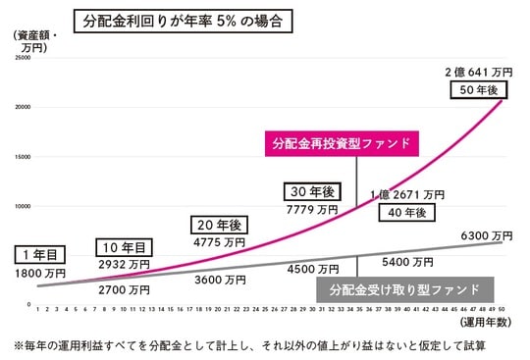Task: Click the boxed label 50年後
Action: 481,90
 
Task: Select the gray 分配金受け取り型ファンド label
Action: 404,289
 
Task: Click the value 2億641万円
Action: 478,71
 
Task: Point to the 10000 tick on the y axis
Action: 23,205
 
